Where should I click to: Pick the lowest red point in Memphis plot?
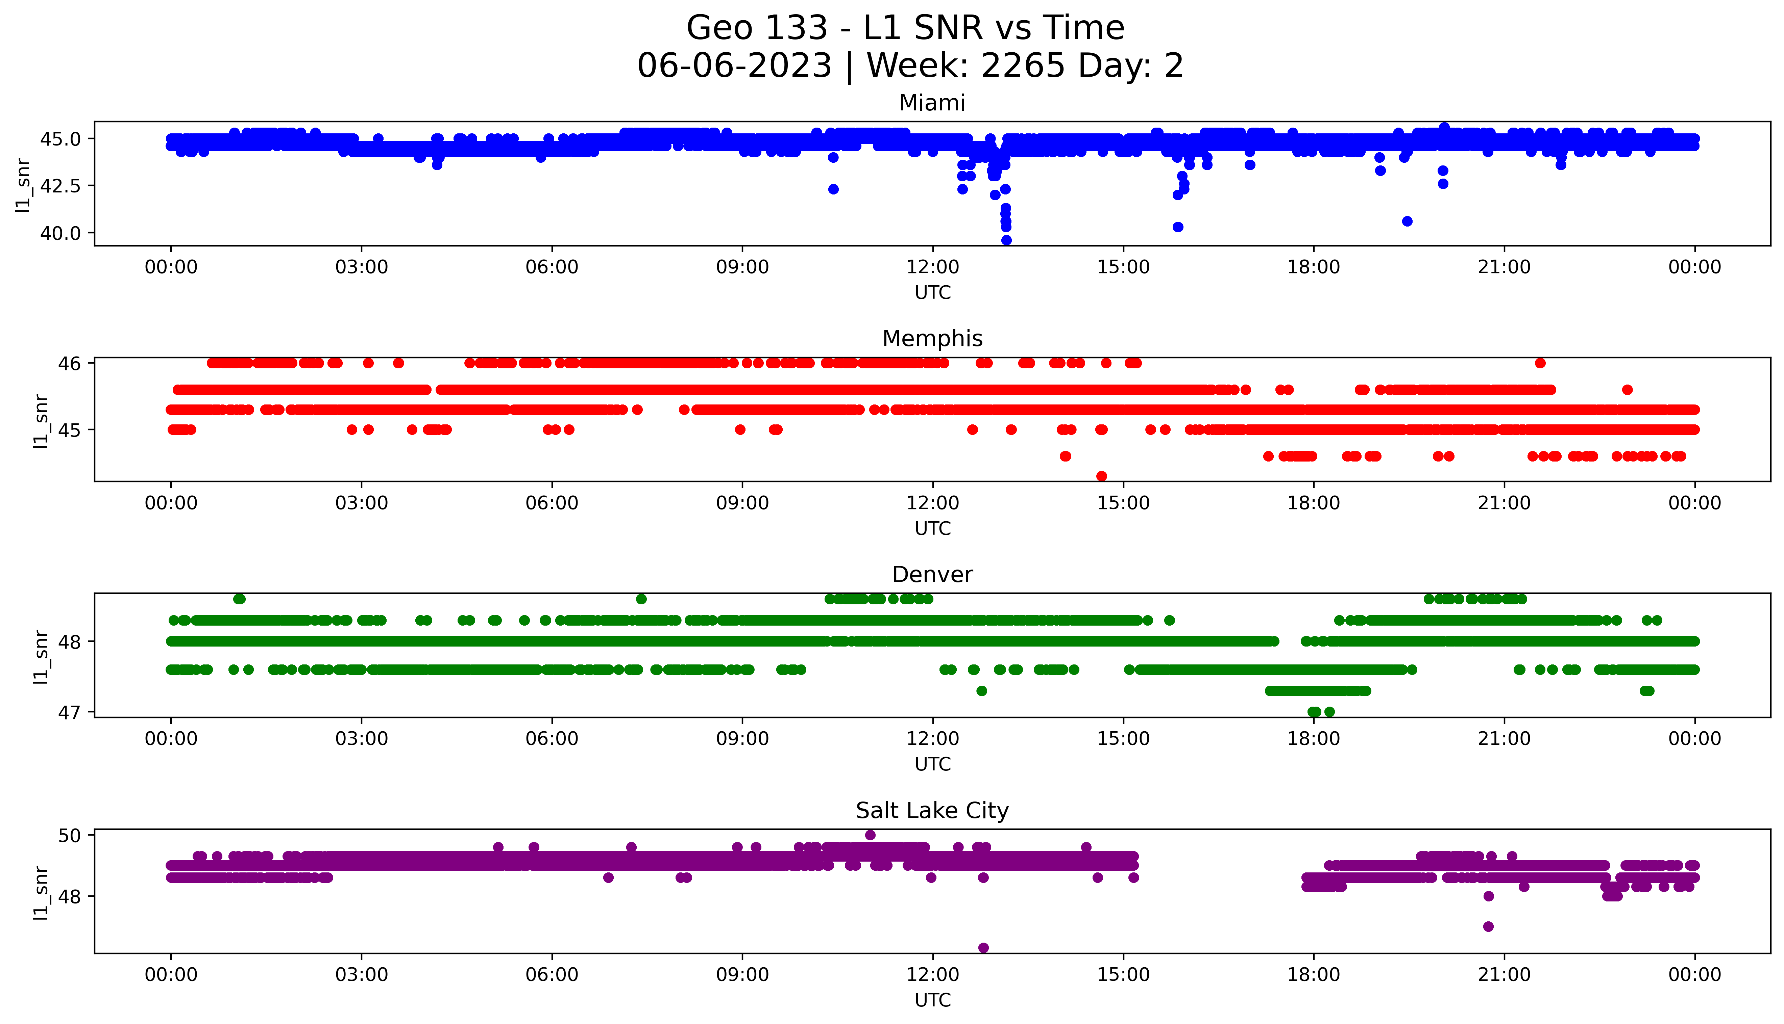(x=1101, y=476)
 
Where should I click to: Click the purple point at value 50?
(x=870, y=835)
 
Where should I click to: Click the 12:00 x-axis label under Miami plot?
(x=932, y=267)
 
